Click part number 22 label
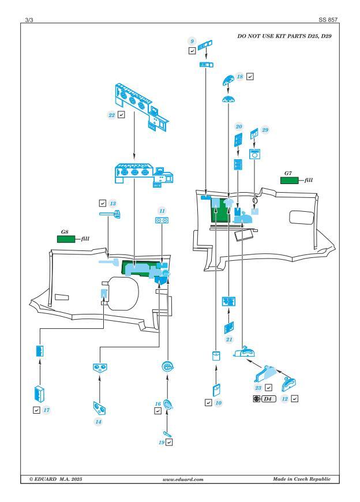pyautogui.click(x=111, y=115)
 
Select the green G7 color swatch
pyautogui.click(x=288, y=181)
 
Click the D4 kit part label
pyautogui.click(x=267, y=399)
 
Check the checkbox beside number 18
pyautogui.click(x=250, y=76)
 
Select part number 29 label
pyautogui.click(x=266, y=131)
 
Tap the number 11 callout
pyautogui.click(x=162, y=211)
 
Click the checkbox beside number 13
pyautogui.click(x=102, y=203)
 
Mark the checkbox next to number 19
pyautogui.click(x=170, y=442)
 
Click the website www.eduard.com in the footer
pyautogui.click(x=179, y=479)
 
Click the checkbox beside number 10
pyautogui.click(x=208, y=402)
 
